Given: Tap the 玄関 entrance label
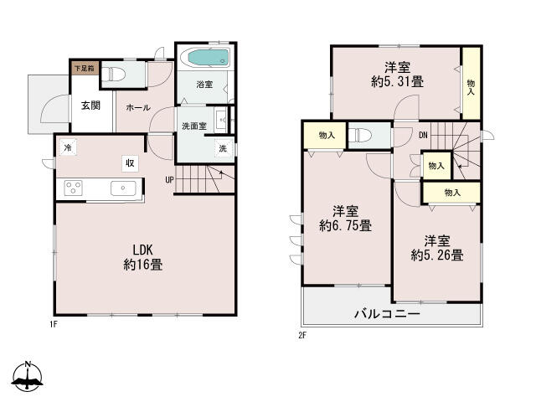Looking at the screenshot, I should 91,106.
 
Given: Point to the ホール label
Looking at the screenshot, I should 138,108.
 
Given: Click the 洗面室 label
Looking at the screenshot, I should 194,126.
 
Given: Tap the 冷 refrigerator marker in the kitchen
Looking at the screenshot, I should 67,147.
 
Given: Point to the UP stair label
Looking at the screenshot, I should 169,178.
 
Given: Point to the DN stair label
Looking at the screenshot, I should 423,135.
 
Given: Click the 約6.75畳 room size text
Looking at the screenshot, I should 345,225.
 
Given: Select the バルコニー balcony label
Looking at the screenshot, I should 386,314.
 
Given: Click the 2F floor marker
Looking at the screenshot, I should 303,336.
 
